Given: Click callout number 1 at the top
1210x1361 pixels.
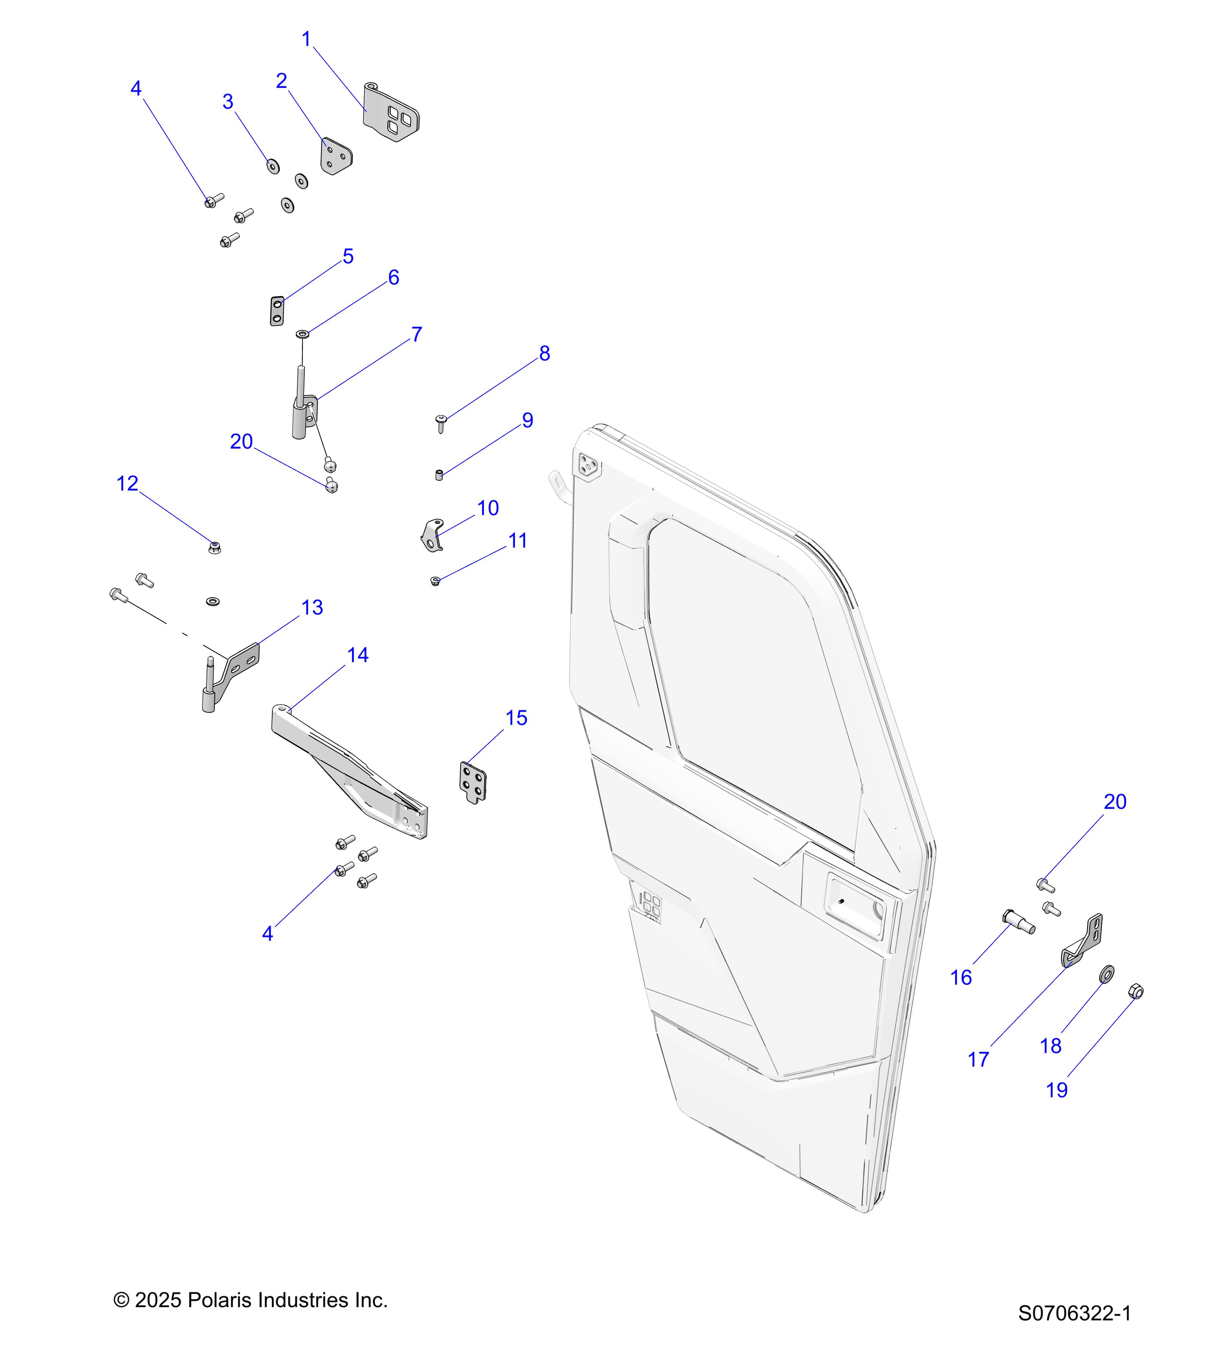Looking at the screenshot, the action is coord(306,39).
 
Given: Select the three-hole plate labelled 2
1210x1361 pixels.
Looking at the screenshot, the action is coord(336,157).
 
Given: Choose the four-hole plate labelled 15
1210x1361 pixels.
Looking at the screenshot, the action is coord(472,782).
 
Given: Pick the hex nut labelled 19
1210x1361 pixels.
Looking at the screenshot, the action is coord(1136,992).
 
